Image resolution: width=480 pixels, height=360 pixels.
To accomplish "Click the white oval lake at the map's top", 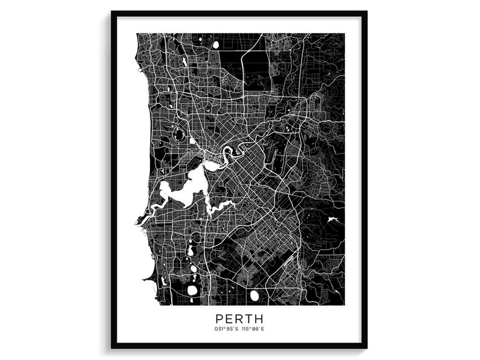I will point(215,44).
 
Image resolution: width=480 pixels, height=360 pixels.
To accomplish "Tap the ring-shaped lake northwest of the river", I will point(180,135).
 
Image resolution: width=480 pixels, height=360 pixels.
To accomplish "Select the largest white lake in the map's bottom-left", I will point(192,290).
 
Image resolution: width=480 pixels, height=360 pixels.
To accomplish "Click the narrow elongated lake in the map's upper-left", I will point(184,62).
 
